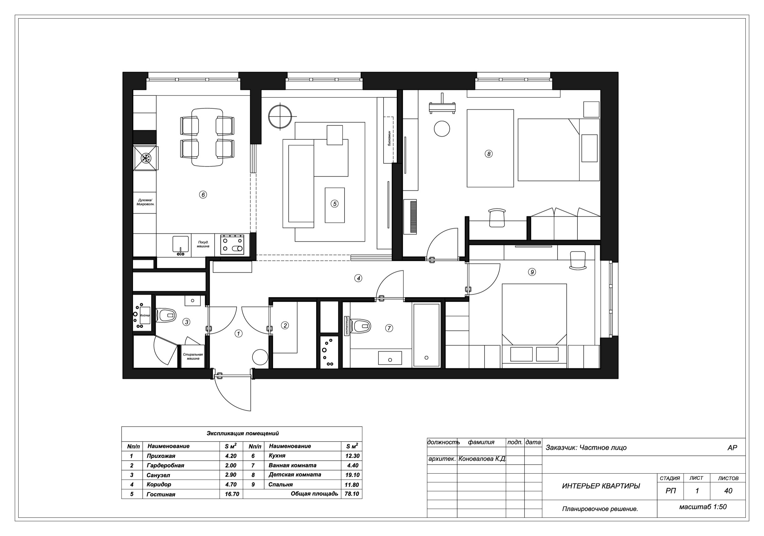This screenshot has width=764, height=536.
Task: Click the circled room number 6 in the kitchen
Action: click(203, 194)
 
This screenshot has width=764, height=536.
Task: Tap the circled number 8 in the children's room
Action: click(488, 154)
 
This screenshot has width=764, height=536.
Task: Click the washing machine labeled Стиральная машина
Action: click(193, 356)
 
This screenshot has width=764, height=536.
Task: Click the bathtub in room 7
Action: click(426, 335)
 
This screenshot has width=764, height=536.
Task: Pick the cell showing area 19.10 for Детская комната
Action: click(352, 475)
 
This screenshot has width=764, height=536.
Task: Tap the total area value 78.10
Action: click(352, 494)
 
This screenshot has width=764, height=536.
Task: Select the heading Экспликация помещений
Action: click(243, 433)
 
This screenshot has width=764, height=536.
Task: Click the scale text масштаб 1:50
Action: click(702, 507)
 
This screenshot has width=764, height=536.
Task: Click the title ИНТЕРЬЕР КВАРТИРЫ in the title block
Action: click(601, 486)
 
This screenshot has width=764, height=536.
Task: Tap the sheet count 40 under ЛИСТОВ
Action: click(728, 491)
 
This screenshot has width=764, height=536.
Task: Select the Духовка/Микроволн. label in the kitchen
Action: click(145, 202)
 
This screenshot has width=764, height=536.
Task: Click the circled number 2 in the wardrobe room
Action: click(285, 325)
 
